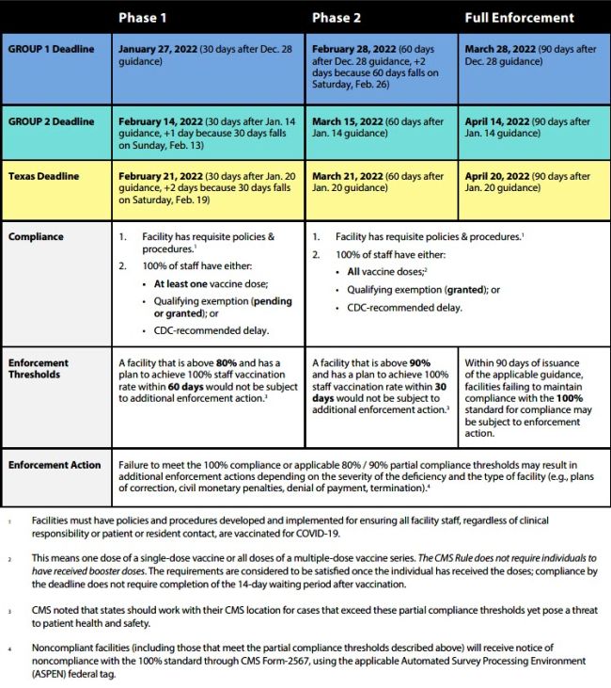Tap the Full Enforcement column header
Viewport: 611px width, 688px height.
pos(520,17)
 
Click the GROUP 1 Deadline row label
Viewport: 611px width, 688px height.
pos(52,49)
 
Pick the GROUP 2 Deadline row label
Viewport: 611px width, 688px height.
pos(52,121)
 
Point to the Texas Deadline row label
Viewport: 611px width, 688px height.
pos(45,176)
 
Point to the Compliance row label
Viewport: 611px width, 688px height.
pos(38,236)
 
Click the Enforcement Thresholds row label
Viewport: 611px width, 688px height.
pos(39,368)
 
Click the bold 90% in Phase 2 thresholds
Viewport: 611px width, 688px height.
pos(417,361)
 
